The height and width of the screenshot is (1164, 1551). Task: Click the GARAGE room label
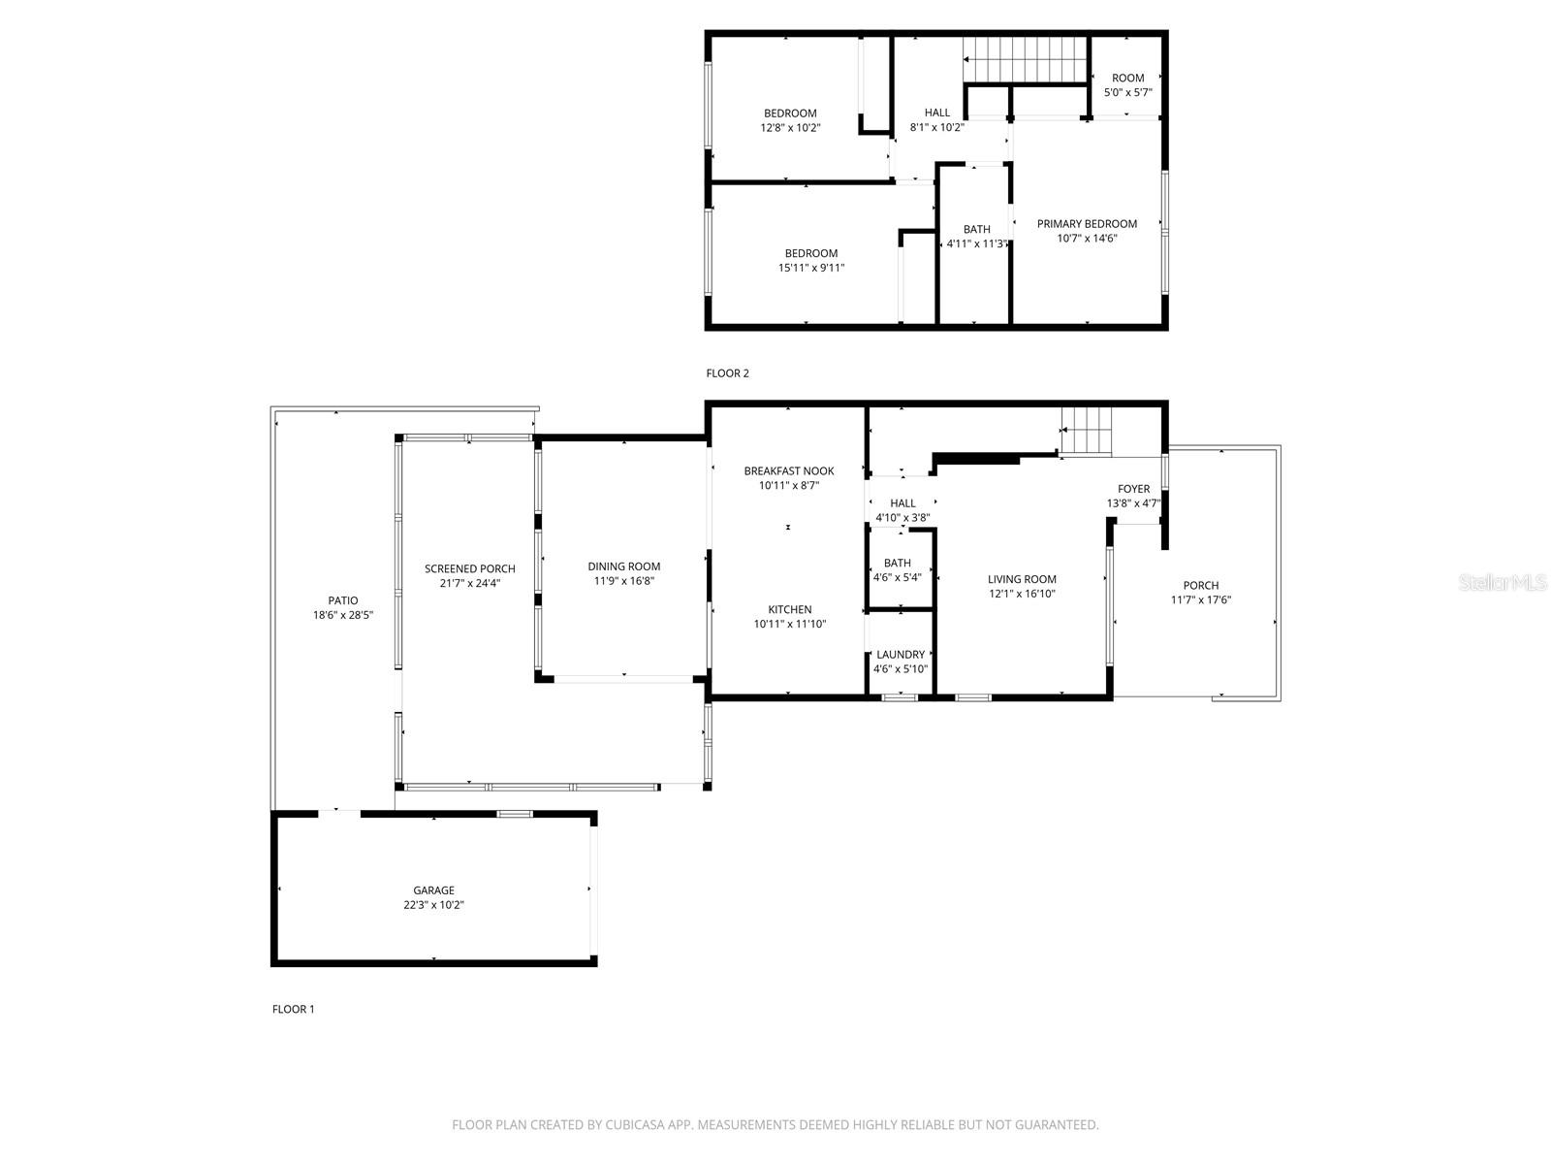[433, 890]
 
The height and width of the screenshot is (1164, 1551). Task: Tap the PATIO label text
[343, 600]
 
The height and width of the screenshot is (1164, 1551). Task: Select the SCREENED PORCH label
[470, 569]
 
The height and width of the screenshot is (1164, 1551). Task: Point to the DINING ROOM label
[624, 566]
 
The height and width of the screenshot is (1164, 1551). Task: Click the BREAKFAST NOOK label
[788, 471]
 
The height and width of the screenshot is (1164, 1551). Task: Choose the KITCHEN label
[790, 610]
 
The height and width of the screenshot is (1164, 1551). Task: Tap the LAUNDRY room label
[901, 655]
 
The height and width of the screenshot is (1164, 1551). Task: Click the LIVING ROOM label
[1022, 579]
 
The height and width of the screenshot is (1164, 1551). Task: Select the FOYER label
[1133, 489]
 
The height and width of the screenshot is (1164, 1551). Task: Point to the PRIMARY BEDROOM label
[1087, 224]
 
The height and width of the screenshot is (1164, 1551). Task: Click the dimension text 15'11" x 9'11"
[811, 268]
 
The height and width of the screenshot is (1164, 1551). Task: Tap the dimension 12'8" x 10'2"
[790, 128]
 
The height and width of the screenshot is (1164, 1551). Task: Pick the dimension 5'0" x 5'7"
[1127, 92]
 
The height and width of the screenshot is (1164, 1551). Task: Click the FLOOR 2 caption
[727, 373]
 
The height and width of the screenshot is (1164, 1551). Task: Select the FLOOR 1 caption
[294, 1009]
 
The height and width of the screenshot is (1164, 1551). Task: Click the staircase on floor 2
[1025, 60]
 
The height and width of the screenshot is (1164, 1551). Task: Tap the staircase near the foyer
[1086, 431]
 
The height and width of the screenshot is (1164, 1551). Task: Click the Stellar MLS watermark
[1503, 582]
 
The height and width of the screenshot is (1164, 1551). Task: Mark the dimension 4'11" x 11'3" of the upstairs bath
[976, 243]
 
